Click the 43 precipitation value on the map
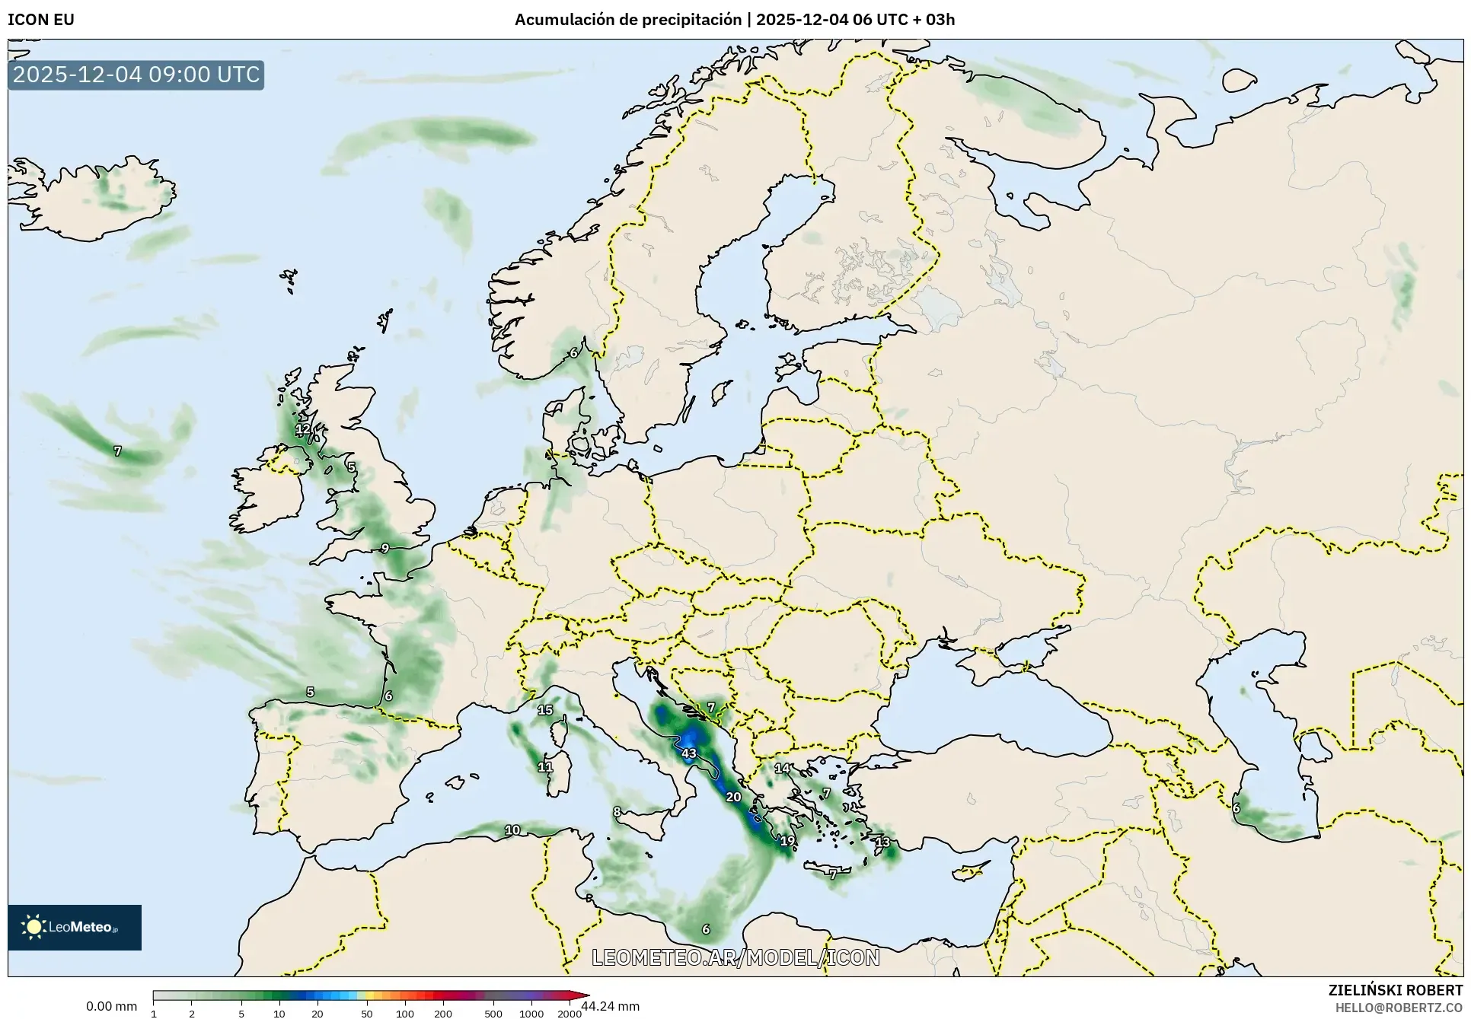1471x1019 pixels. tap(688, 753)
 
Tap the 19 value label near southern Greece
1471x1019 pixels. tap(787, 841)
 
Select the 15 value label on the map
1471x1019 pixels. tap(544, 710)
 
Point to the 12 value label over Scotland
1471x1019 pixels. tap(303, 428)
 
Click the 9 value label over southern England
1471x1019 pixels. tap(385, 548)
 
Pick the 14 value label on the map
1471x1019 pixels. tap(783, 769)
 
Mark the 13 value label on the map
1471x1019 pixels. tap(882, 842)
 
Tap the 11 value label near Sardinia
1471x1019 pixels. tap(545, 767)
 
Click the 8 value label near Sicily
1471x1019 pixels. tap(617, 811)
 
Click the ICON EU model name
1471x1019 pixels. tap(41, 20)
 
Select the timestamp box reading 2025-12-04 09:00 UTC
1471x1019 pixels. tap(136, 75)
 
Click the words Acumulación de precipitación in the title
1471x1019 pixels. tap(627, 20)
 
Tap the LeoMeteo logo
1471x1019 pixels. tap(75, 927)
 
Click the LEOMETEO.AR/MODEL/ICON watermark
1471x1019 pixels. tap(735, 957)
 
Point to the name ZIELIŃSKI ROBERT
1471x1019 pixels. tap(1395, 990)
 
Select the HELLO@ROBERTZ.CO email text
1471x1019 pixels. tap(1399, 1007)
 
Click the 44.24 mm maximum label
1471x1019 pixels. tap(610, 1006)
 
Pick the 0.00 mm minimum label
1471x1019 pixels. tap(111, 1006)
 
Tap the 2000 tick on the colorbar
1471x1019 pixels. tap(570, 1014)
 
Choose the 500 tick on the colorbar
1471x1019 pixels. tap(493, 1014)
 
